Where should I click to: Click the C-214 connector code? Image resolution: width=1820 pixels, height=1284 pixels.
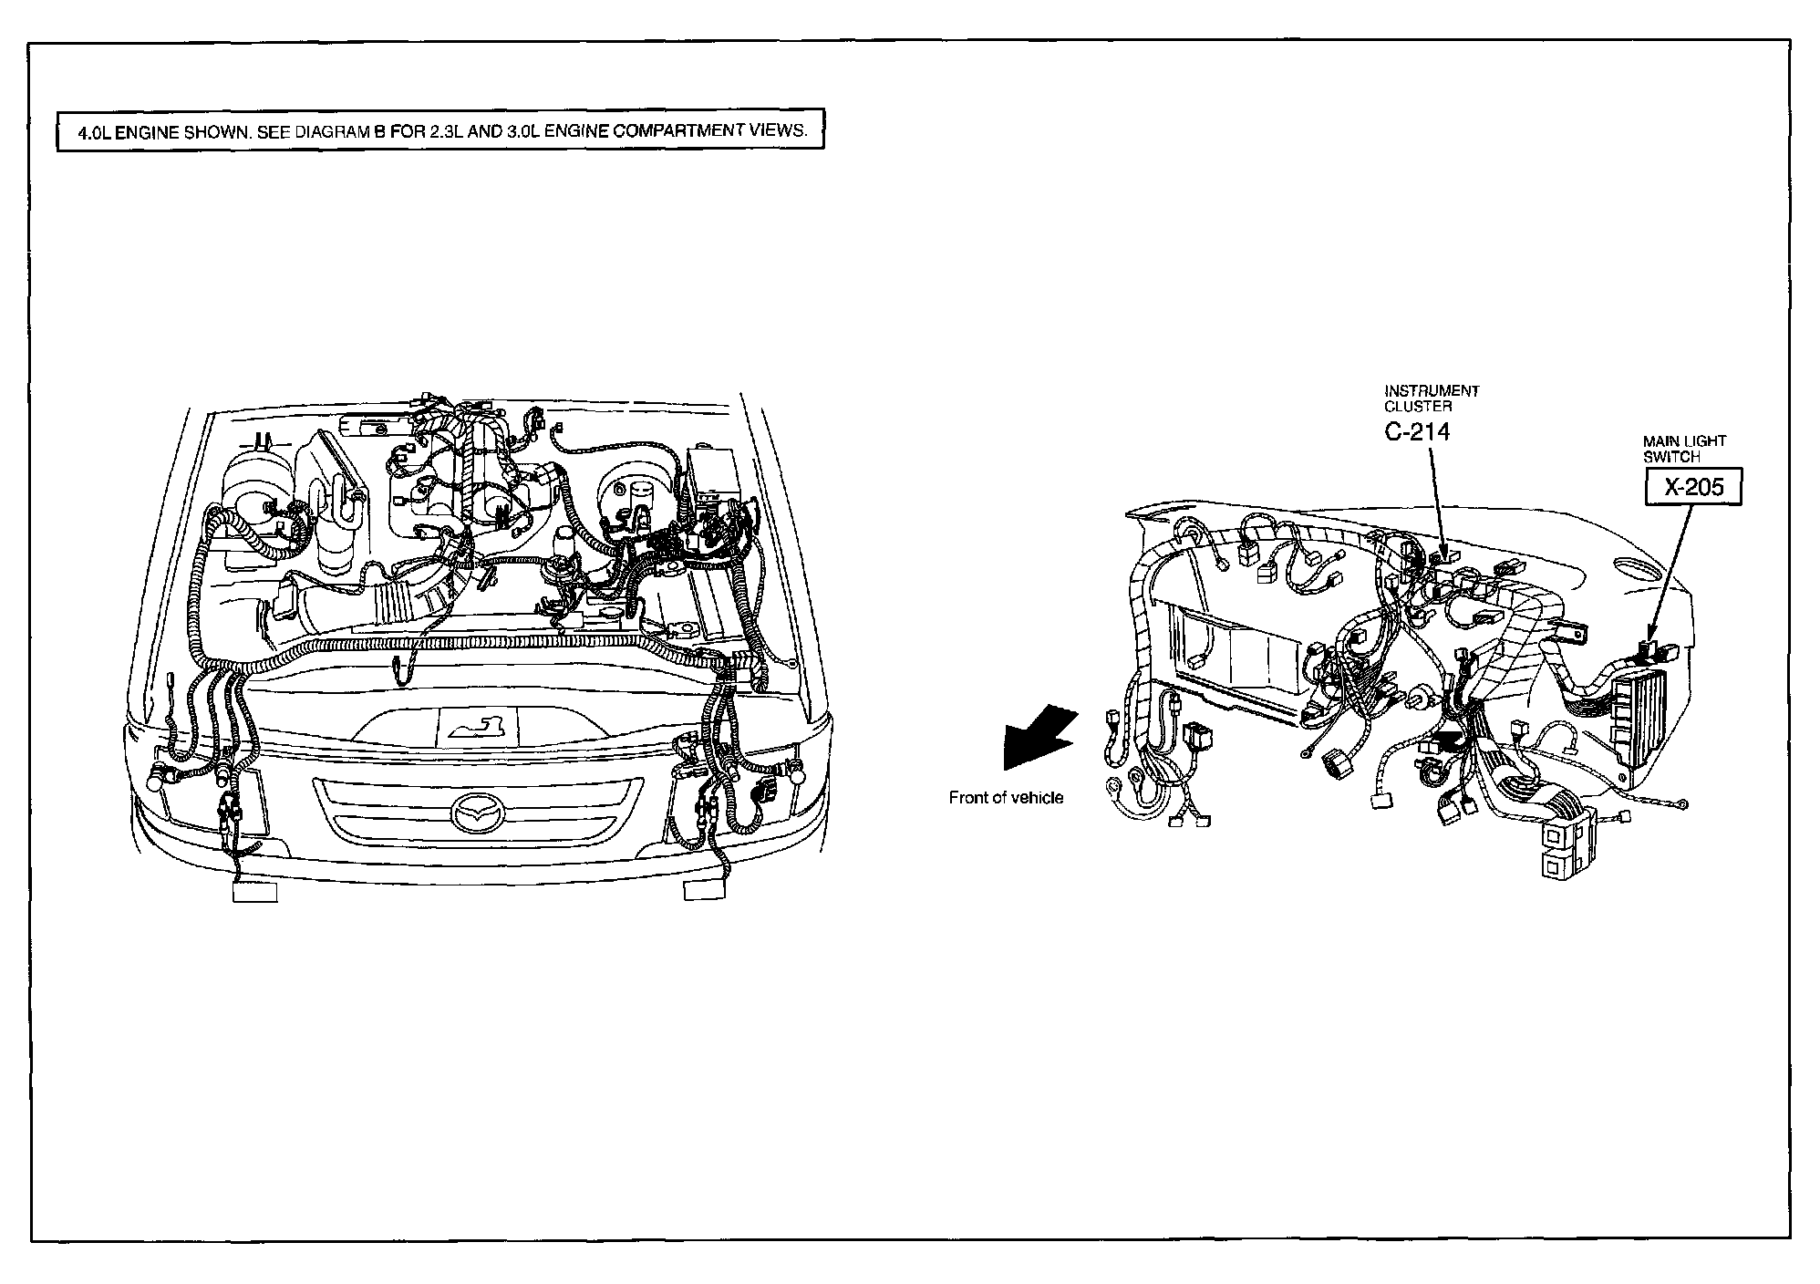1416,431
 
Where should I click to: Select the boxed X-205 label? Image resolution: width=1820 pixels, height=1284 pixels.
1693,487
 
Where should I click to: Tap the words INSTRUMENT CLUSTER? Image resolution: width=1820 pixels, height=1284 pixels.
1432,399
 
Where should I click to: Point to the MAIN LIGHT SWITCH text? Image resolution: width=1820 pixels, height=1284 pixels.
1684,449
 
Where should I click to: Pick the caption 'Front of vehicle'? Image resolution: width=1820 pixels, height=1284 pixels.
1006,798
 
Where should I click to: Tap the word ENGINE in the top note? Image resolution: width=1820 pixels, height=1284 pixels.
148,130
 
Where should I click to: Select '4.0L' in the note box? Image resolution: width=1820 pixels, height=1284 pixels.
94,130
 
